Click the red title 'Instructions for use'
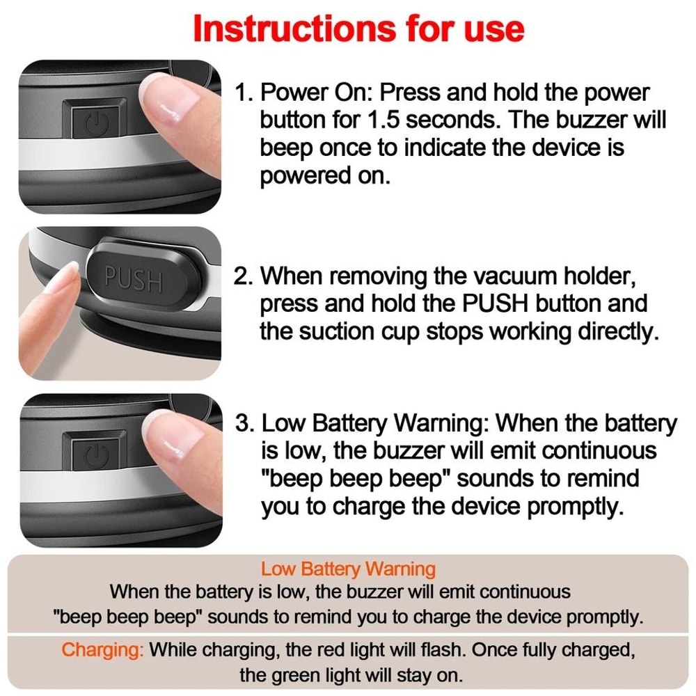[358, 29]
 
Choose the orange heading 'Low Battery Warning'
[348, 569]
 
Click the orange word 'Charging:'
[103, 650]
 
